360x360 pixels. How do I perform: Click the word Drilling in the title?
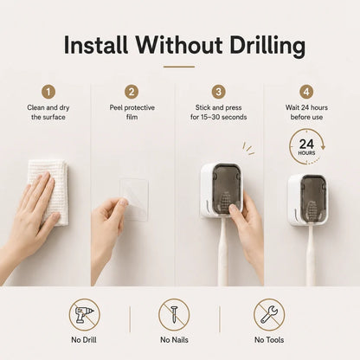click(x=267, y=46)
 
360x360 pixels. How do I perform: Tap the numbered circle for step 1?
click(x=48, y=92)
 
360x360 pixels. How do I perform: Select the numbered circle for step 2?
click(x=132, y=92)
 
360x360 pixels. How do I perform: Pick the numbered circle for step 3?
click(x=219, y=92)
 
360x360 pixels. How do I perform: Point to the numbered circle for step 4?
click(x=306, y=92)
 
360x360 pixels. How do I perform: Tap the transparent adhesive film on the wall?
click(x=134, y=199)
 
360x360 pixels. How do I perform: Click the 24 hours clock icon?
click(x=307, y=147)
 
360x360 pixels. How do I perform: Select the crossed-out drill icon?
click(x=84, y=315)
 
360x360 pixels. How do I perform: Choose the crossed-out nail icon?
click(x=174, y=315)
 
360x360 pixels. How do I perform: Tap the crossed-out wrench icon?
click(x=269, y=315)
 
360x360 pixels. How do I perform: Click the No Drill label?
click(x=84, y=340)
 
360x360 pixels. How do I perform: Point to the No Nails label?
click(x=174, y=340)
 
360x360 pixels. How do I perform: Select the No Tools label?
click(x=269, y=340)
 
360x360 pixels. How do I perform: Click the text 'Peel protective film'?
click(x=132, y=112)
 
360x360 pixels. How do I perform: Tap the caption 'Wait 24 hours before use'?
click(x=306, y=112)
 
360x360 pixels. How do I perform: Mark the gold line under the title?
click(x=179, y=67)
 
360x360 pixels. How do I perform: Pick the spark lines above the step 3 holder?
click(x=248, y=149)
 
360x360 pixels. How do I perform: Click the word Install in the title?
click(x=96, y=46)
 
